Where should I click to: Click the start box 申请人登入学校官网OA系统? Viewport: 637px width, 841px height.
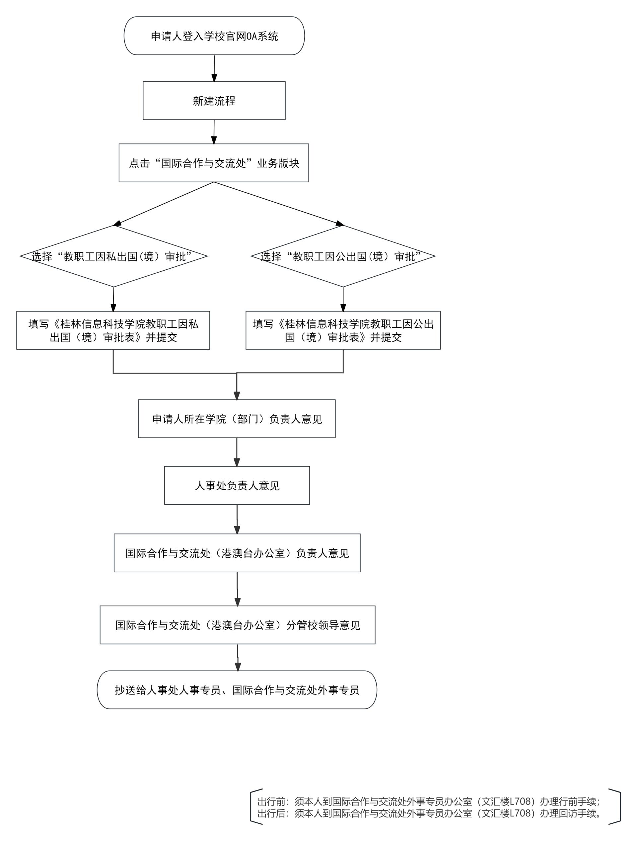[x=214, y=36]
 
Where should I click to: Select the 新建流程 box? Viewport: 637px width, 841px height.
[x=214, y=101]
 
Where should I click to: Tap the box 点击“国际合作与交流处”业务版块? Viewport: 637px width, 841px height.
[x=214, y=163]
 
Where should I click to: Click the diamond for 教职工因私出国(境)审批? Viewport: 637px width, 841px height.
[x=113, y=256]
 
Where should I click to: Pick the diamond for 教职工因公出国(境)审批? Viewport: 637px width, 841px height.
[x=343, y=256]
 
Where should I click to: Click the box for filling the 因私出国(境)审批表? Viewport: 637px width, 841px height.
[x=113, y=330]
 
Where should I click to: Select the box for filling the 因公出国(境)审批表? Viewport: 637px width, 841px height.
[x=343, y=330]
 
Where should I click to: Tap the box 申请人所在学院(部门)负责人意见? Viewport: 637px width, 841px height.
[x=237, y=419]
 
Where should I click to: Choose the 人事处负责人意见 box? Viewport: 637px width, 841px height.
[x=237, y=486]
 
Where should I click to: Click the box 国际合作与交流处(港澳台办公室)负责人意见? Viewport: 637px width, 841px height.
[x=237, y=553]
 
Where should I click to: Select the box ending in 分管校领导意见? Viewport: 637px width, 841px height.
[x=238, y=625]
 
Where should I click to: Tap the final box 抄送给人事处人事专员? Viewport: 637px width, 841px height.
[x=237, y=690]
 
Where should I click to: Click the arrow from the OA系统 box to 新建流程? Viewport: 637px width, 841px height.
[x=214, y=68]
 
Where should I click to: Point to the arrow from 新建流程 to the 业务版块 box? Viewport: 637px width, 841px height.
[x=214, y=132]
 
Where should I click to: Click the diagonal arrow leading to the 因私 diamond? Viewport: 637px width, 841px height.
[x=163, y=204]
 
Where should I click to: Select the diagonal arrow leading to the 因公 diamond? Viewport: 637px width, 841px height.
[x=279, y=204]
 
